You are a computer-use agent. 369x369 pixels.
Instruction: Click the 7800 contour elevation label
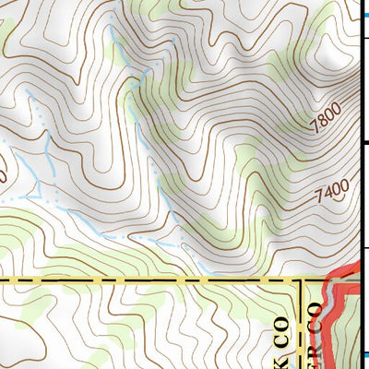click(x=326, y=118)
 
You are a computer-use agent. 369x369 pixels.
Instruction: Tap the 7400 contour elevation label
click(x=332, y=192)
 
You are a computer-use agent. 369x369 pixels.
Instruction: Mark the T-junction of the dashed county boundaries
click(x=303, y=279)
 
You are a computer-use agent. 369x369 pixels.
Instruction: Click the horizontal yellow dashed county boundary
click(x=138, y=279)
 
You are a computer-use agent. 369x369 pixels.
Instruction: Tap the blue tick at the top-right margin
click(x=363, y=4)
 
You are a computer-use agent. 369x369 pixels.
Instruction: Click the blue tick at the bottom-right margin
click(x=363, y=354)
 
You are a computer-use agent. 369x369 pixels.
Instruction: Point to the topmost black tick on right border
click(x=363, y=37)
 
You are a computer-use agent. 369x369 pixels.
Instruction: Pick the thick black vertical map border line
click(x=359, y=184)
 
